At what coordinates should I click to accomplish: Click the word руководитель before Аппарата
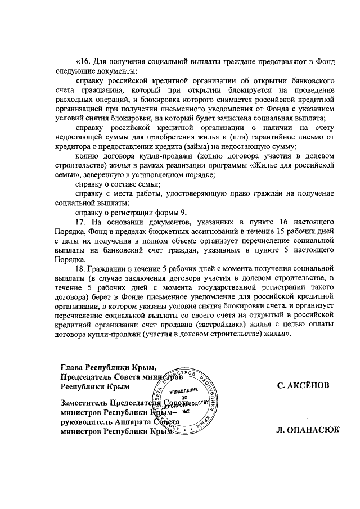(89, 422)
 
